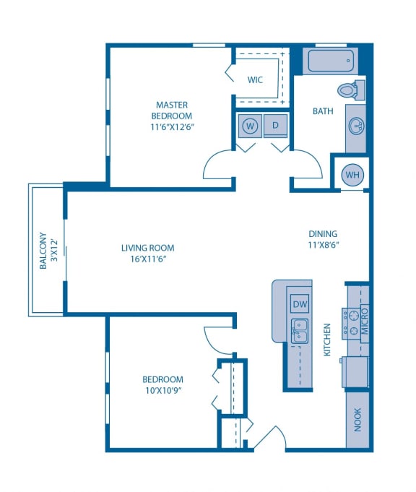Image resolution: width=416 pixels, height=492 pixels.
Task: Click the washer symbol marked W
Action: [250, 126]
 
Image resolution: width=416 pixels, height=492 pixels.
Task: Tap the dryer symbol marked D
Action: [275, 126]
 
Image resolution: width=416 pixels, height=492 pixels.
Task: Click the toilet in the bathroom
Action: [349, 91]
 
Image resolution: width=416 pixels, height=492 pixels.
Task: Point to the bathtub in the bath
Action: [332, 60]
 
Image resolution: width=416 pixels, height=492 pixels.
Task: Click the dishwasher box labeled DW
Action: [299, 303]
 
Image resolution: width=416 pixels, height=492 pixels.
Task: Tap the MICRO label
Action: [365, 320]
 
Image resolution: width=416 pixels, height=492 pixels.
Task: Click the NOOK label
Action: [357, 420]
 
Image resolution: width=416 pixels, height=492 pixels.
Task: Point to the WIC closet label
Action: [255, 79]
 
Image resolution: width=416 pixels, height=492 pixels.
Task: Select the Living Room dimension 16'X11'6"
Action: [147, 259]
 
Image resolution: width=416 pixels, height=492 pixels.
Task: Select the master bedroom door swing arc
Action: [218, 165]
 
